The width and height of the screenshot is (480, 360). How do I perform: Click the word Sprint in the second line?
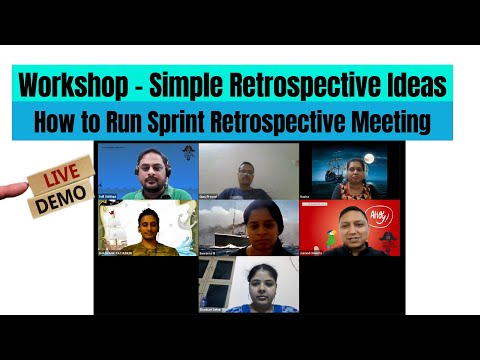click(x=196, y=122)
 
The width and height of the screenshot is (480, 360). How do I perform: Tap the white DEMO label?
click(x=59, y=204)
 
